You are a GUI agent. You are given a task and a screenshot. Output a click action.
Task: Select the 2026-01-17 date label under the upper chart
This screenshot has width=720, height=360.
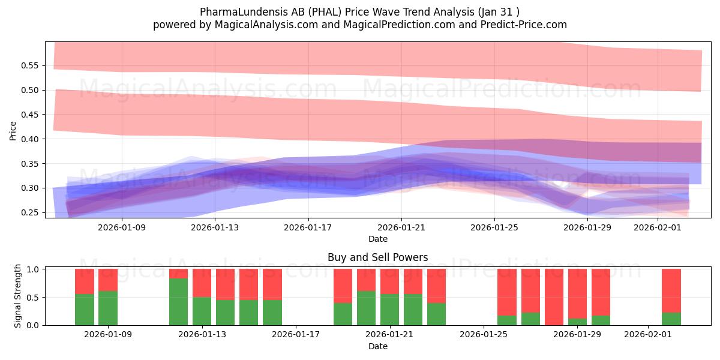308,227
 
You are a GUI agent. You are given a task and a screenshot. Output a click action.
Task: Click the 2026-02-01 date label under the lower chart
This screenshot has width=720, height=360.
648,335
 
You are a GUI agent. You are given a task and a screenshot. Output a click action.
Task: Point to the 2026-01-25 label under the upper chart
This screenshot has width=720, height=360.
494,227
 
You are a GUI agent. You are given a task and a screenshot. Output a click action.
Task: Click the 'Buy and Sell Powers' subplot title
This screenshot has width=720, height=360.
377,257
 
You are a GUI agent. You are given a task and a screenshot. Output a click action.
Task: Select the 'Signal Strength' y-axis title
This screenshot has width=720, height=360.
18,295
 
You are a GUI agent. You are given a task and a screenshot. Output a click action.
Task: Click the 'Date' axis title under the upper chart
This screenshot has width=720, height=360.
377,239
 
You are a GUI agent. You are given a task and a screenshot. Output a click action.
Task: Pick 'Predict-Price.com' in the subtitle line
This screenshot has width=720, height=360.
526,25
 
